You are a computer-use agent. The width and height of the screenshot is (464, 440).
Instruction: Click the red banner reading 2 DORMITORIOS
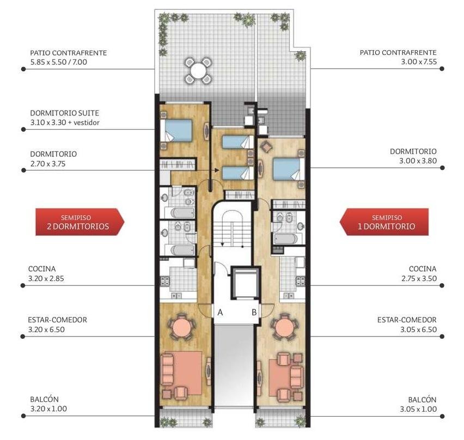[80, 222]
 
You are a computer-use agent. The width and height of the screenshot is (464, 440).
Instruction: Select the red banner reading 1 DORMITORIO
[384, 222]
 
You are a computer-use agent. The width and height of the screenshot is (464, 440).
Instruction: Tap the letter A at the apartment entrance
[220, 312]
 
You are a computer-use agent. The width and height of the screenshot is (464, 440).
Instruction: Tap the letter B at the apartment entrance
[254, 312]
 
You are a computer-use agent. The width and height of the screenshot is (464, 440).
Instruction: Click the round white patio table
[198, 71]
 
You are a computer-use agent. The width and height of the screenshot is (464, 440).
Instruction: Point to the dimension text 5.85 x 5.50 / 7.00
[59, 62]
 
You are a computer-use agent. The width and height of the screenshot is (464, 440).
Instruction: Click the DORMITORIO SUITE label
[64, 113]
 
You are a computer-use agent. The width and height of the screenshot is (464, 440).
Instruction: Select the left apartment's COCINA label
[42, 269]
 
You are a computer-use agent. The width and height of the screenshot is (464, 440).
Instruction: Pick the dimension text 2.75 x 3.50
[419, 278]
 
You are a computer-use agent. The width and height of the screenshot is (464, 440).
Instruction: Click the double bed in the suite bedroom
[176, 130]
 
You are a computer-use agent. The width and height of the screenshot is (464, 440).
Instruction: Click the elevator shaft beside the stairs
[246, 282]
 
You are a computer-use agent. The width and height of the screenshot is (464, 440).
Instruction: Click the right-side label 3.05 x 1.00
[418, 409]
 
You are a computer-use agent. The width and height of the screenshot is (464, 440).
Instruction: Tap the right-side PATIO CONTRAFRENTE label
[398, 53]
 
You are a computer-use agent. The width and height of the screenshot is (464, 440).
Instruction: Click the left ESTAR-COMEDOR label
[57, 320]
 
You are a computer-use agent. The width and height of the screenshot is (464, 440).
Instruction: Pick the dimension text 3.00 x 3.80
[418, 161]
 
